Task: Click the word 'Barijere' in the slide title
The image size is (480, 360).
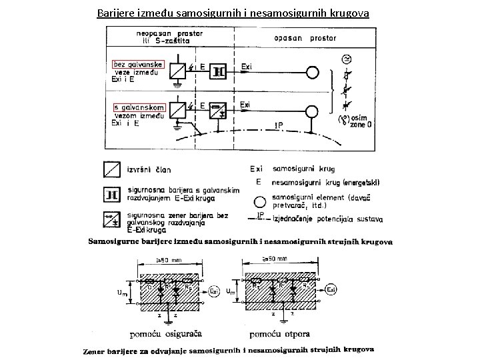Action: coord(115,13)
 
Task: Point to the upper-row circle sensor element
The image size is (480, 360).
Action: coord(312,71)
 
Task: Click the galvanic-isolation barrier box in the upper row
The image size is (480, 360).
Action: coord(219,71)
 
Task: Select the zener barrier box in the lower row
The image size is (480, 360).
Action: coord(219,111)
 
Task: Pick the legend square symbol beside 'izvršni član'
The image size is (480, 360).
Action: coord(111,170)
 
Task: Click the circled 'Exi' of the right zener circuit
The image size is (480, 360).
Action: coord(331,289)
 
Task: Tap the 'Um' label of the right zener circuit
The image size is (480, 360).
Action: coord(231,291)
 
